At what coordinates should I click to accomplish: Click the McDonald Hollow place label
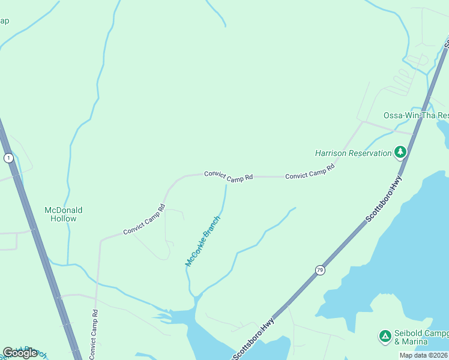point(64,214)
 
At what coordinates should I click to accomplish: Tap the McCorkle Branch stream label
point(203,241)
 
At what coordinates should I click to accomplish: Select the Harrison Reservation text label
point(353,153)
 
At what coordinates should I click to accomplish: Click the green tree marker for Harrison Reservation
point(400,152)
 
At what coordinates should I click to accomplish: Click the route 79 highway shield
point(319,271)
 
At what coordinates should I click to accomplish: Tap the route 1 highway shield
point(8,158)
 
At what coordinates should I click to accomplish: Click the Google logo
point(20,353)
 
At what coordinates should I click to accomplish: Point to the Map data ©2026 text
point(423,355)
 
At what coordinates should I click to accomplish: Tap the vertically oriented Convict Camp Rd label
point(94,334)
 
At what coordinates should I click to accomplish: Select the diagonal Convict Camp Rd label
point(144,220)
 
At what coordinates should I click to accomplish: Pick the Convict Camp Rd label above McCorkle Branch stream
point(228,176)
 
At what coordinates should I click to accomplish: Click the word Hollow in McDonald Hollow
point(64,218)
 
